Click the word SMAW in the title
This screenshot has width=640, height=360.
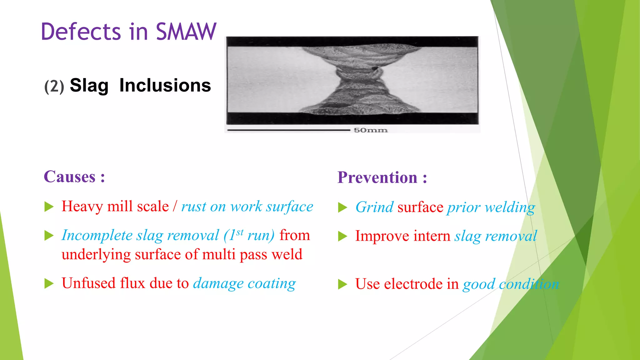(186, 32)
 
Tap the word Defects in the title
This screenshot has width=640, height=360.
(81, 32)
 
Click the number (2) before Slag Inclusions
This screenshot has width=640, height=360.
(54, 87)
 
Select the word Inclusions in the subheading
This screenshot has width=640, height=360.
(165, 85)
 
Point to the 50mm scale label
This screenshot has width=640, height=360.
(371, 130)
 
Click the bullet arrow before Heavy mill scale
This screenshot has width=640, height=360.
(49, 207)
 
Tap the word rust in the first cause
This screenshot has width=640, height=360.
(194, 207)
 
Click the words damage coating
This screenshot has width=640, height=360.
(244, 283)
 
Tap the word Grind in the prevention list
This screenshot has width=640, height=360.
(374, 207)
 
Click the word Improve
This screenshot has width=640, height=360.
(382, 236)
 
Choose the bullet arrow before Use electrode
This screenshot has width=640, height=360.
(342, 284)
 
